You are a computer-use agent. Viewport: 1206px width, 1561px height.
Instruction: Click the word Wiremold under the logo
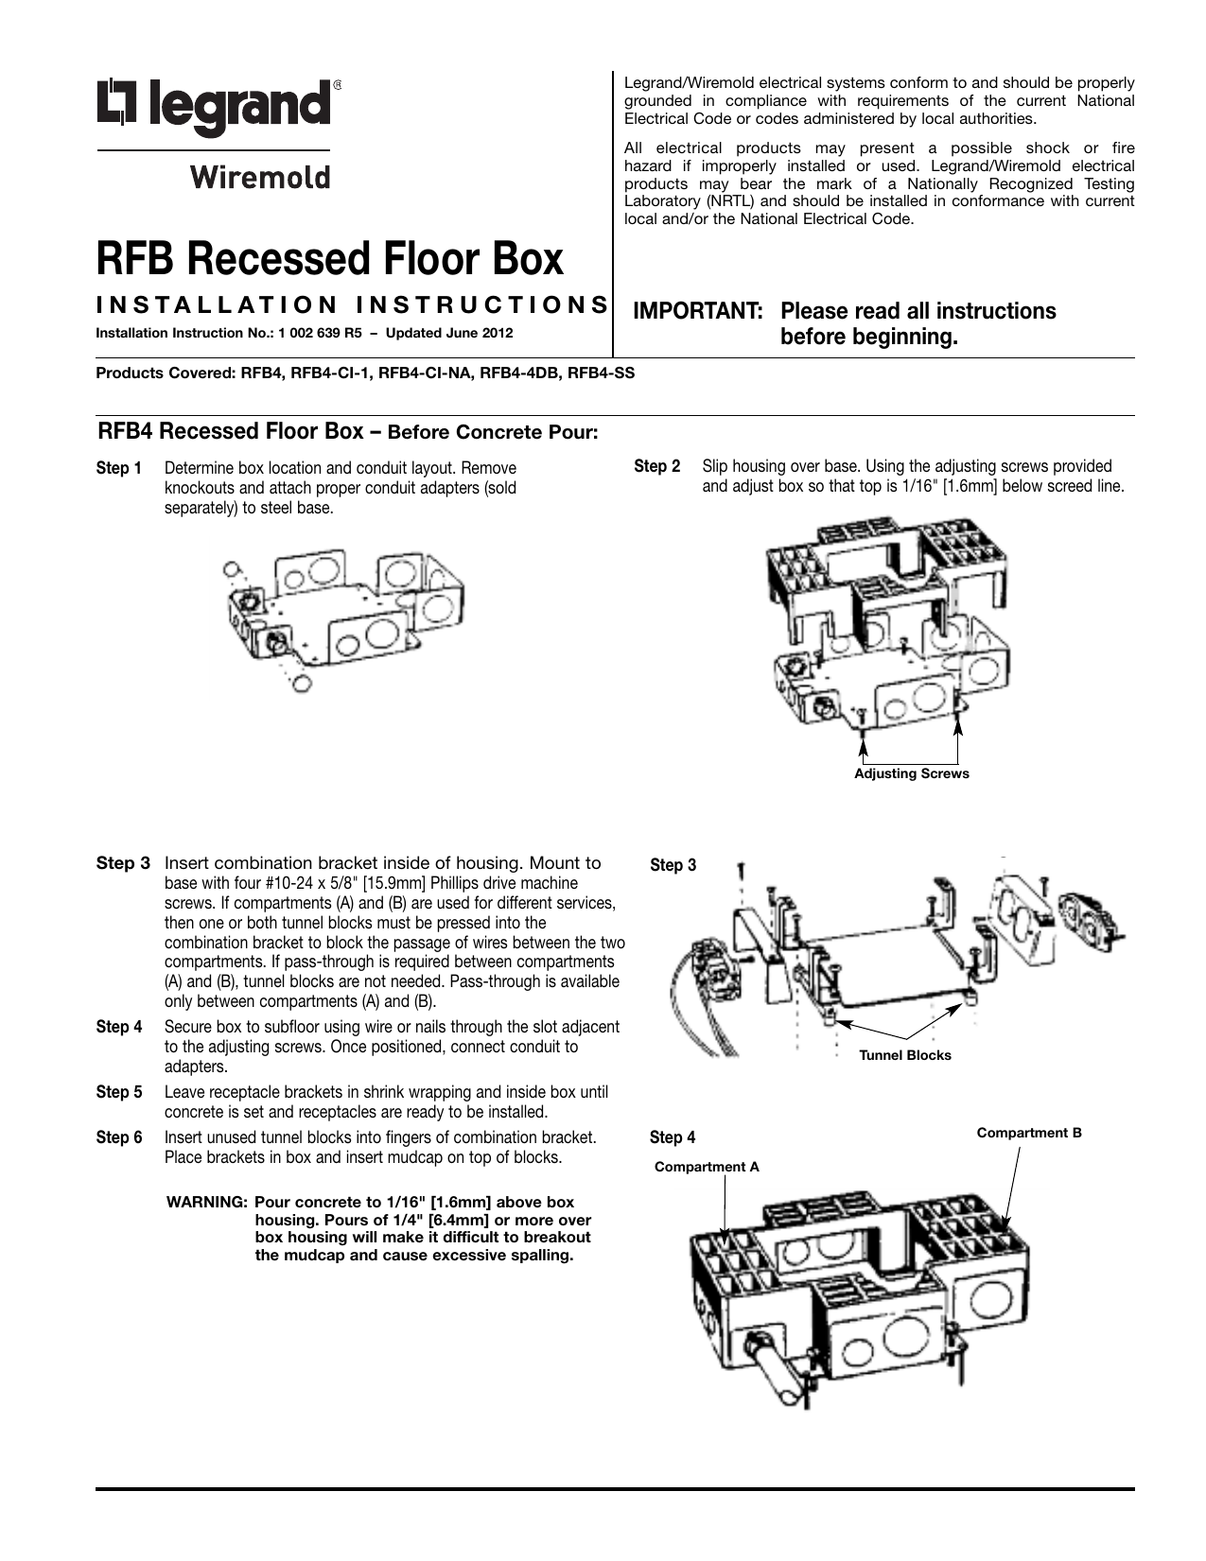pos(260,178)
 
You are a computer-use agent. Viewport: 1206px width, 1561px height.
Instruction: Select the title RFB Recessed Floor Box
pos(330,258)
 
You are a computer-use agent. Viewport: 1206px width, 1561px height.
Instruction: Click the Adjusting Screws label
pos(911,774)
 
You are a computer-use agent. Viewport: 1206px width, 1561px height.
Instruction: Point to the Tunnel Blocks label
pos(904,1055)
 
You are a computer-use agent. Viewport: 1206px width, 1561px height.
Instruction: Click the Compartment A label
pos(707,1167)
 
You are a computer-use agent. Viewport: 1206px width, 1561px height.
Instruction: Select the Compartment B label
pos(1028,1133)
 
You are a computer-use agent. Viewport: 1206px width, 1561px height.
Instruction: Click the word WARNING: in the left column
pos(207,1203)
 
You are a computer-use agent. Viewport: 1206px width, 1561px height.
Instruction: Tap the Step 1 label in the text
pos(119,469)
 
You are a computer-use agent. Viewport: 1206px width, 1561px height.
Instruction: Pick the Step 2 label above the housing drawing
pos(656,466)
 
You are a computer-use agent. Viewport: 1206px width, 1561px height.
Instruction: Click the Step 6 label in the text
pos(119,1137)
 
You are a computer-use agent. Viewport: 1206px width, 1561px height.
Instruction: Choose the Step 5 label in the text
pos(119,1092)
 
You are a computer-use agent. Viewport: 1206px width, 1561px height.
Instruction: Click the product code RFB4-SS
pos(600,373)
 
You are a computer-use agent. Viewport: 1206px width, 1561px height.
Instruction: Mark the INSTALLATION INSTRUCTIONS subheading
pos(353,304)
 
